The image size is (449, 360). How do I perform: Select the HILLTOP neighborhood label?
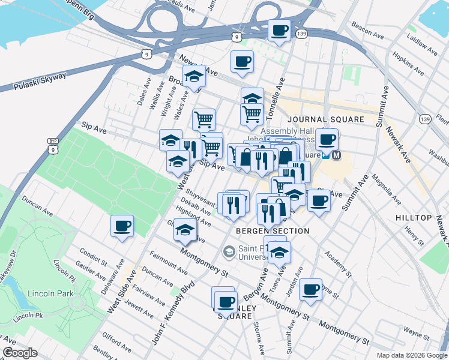414,217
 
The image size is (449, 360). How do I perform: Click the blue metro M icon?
336,155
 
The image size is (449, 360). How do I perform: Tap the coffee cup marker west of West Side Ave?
122,226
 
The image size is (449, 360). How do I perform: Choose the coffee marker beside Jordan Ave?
310,290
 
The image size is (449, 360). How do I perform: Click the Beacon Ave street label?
369,34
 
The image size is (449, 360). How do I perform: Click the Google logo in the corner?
21,353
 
